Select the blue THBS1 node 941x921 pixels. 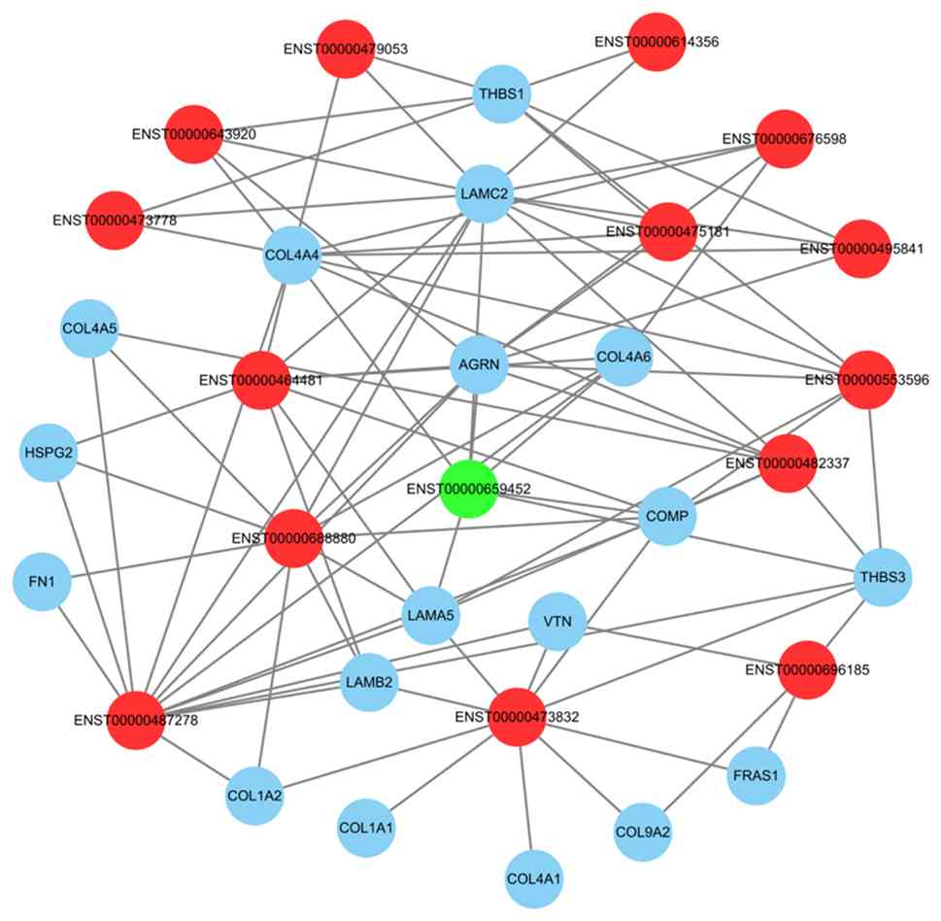tap(501, 94)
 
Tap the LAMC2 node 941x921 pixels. tap(484, 194)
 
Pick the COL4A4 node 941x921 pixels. tap(292, 256)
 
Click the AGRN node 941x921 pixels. tap(479, 366)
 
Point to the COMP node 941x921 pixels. tap(668, 516)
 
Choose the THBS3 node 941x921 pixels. tap(883, 577)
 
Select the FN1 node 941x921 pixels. tap(42, 585)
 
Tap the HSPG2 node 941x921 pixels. tap(48, 453)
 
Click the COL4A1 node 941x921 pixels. tap(533, 879)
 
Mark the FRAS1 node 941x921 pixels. tap(756, 777)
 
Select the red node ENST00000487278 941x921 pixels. tap(135, 721)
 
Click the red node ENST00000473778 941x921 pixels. tap(116, 220)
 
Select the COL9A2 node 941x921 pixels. tap(643, 832)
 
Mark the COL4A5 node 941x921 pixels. tap(89, 328)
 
